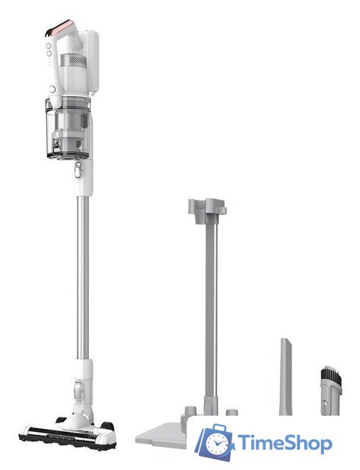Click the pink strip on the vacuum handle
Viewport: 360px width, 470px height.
(62, 27)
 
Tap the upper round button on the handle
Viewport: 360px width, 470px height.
(48, 46)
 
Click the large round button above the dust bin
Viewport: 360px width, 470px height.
(53, 89)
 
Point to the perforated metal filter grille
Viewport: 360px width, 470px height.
(78, 60)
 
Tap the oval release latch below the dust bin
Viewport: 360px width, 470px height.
(78, 170)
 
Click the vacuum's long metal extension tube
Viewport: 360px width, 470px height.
(82, 278)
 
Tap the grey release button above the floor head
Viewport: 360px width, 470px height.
(78, 391)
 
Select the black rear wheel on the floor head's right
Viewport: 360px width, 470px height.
(108, 426)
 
